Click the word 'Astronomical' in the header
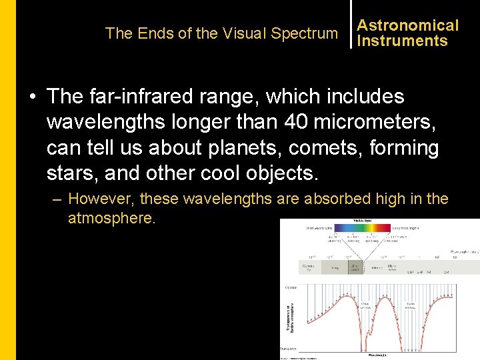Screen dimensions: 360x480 [x=408, y=25]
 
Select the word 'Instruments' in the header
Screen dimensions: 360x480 [x=402, y=41]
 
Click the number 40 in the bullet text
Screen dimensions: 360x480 [x=295, y=122]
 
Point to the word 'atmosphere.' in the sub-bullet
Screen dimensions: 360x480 [x=112, y=218]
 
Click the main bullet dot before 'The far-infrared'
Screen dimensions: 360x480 [x=32, y=97]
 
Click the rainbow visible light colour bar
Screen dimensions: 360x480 [x=363, y=228]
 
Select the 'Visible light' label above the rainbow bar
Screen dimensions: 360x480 [x=363, y=221]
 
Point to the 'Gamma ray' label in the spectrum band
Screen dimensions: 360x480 [x=308, y=268]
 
